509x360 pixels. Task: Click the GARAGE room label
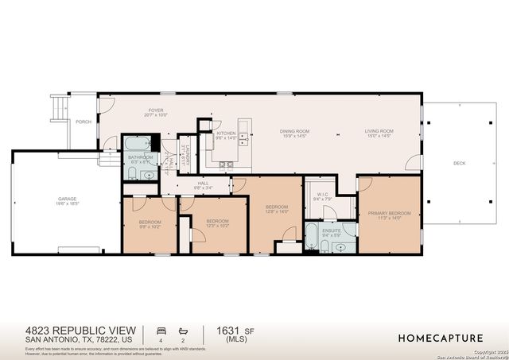pos(67,199)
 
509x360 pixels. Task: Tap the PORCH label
pos(84,122)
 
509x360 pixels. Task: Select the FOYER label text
pos(157,110)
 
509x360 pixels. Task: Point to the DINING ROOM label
pos(294,131)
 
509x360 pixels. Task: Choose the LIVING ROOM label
pos(379,131)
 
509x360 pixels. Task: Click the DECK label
pos(459,163)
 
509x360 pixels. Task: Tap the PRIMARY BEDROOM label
pos(389,213)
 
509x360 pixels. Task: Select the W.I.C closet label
pos(322,195)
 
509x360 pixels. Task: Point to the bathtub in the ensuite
pos(313,237)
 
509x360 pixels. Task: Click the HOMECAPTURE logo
pos(442,337)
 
